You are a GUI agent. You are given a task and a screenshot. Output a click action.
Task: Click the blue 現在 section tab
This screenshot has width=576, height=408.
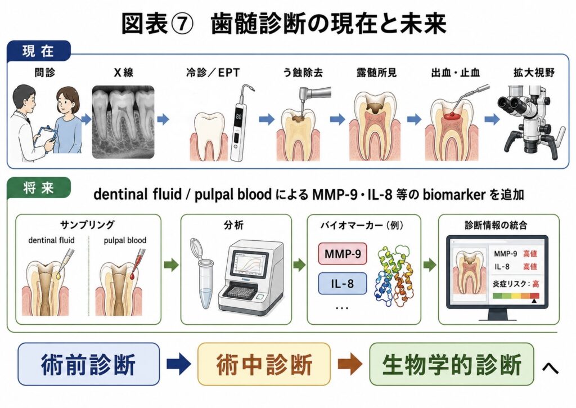(x=38, y=50)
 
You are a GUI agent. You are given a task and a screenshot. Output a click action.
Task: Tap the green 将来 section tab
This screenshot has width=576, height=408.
(x=38, y=187)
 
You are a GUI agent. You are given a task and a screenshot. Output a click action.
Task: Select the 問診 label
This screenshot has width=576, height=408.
(x=45, y=73)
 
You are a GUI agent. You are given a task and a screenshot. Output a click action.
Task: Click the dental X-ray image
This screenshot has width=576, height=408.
(x=123, y=122)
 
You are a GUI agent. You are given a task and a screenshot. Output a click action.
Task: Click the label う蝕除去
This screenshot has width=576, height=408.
(x=303, y=73)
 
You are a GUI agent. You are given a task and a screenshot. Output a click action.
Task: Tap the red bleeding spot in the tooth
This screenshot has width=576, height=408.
(x=452, y=116)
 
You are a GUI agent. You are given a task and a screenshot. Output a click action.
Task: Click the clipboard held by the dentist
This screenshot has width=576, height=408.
(x=46, y=136)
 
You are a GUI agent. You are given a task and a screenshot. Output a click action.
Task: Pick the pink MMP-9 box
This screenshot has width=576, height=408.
(x=343, y=254)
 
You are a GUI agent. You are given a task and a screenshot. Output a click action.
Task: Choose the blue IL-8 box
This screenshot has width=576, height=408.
(x=343, y=284)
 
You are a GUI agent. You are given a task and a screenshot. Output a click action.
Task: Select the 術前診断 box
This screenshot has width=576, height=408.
(x=88, y=364)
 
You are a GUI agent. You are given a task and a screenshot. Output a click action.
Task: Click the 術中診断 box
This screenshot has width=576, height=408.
(x=264, y=364)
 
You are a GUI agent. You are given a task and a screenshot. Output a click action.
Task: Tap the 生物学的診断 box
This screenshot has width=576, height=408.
(x=452, y=364)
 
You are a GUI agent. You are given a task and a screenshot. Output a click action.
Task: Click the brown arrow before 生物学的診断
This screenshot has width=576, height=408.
(x=350, y=364)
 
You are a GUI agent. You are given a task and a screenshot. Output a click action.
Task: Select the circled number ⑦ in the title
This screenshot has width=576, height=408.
(x=180, y=24)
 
